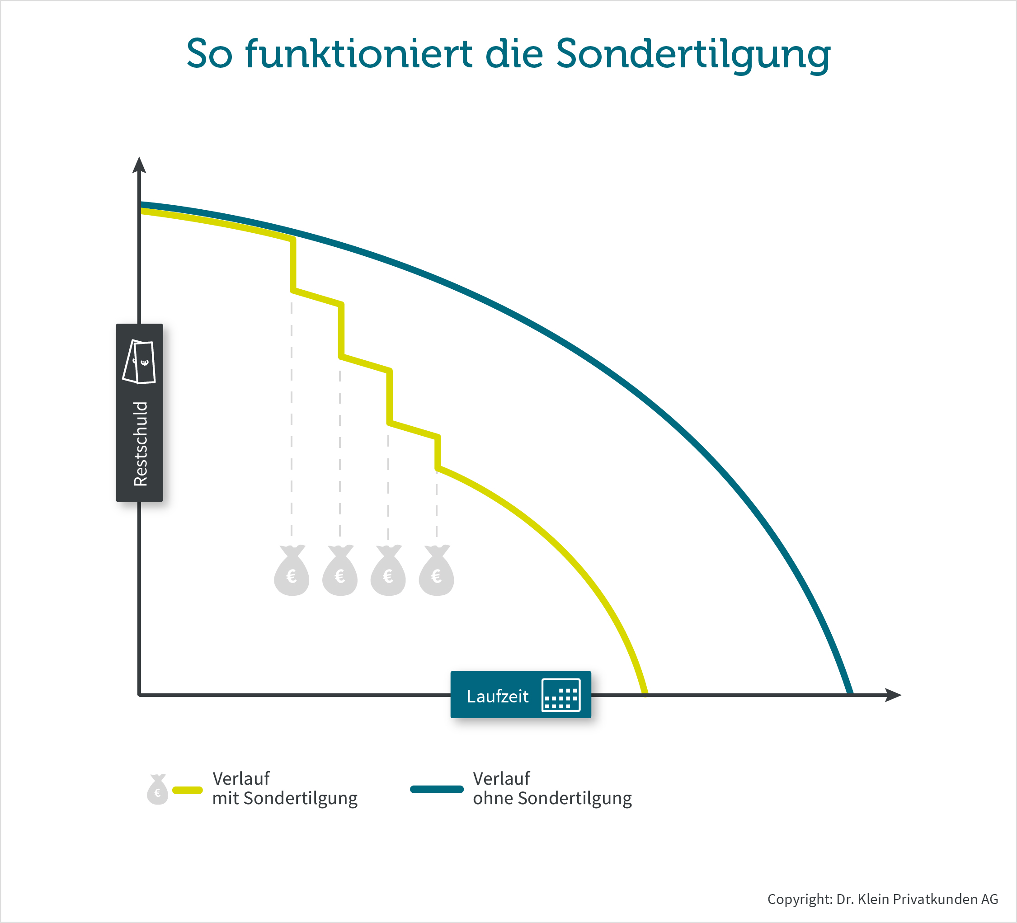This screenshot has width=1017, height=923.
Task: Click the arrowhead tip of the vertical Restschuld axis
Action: tap(139, 157)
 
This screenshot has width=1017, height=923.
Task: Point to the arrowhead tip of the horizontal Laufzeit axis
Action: tap(901, 695)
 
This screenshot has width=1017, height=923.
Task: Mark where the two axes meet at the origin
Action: tap(139, 695)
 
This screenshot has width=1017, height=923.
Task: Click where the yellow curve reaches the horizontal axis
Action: tap(645, 695)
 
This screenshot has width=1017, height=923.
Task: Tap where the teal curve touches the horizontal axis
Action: tap(851, 693)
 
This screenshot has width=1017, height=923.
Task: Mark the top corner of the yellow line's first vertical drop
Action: tap(293, 240)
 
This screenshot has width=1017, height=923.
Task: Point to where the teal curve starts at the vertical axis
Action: tap(141, 205)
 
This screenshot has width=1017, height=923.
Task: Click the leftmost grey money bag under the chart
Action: tap(292, 570)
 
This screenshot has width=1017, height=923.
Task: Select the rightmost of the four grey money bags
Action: tap(436, 570)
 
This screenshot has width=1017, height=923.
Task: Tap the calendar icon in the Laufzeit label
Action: tap(561, 695)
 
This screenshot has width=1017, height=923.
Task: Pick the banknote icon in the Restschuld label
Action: tap(139, 362)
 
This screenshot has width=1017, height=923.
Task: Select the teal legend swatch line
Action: tap(437, 789)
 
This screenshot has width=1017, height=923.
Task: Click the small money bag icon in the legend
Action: tap(157, 789)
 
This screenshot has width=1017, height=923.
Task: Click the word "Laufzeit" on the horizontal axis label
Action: tap(497, 696)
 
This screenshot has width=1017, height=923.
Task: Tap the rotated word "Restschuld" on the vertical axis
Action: tap(140, 444)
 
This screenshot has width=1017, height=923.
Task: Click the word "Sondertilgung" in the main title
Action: tap(694, 55)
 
